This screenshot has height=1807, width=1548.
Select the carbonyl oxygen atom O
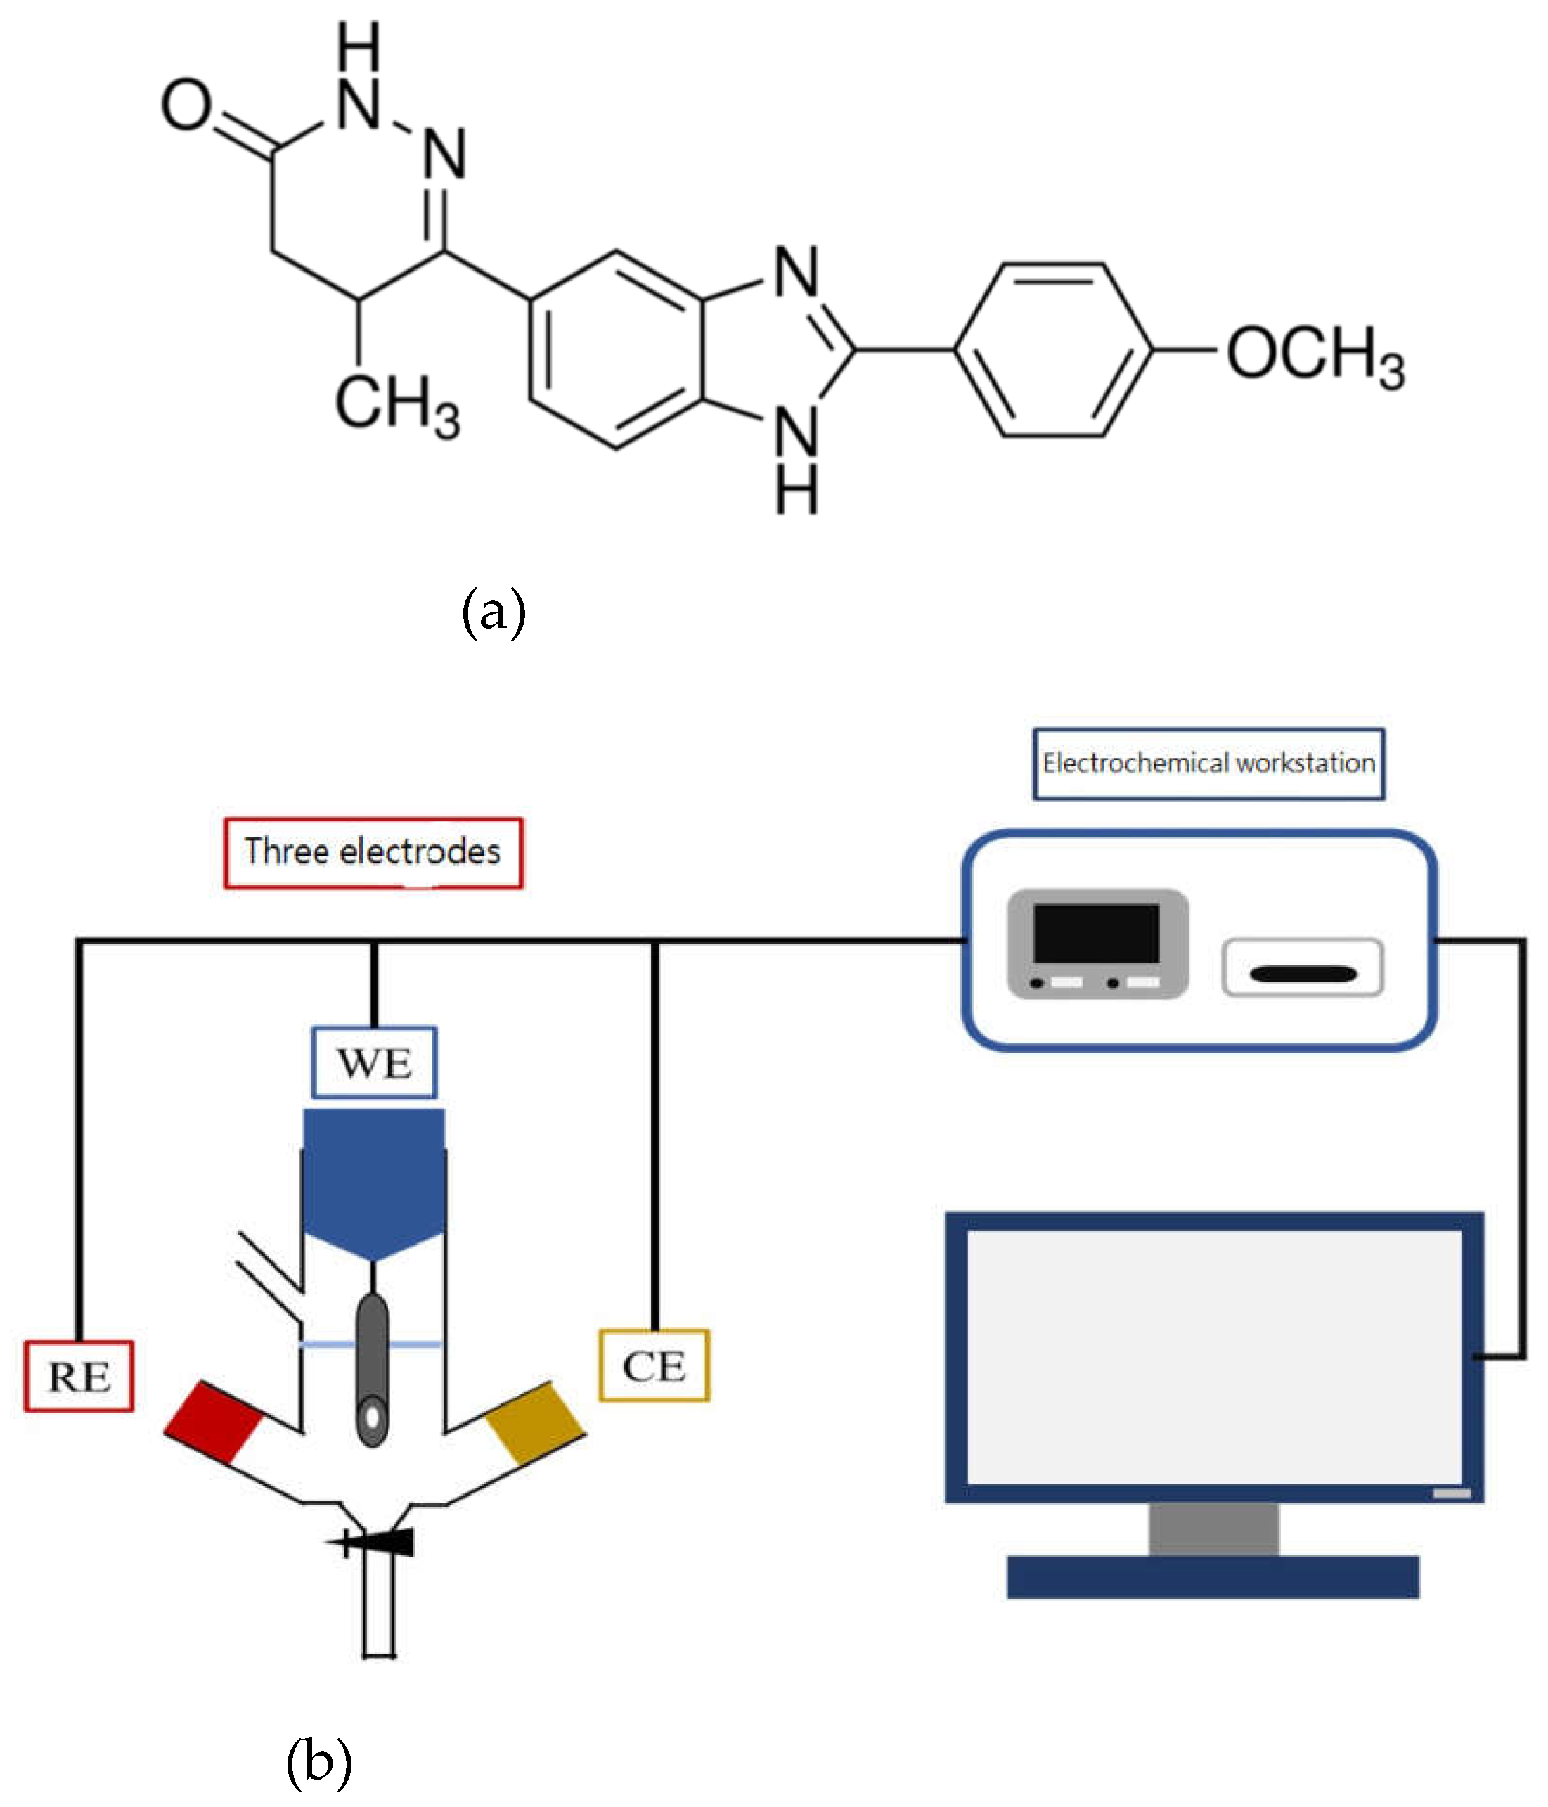[x=186, y=105]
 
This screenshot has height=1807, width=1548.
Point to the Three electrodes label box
[x=373, y=852]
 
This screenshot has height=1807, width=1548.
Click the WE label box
[x=374, y=1062]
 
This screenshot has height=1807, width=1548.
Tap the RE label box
[x=79, y=1376]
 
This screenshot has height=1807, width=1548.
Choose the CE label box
[x=653, y=1365]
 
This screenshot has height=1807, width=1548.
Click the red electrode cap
[x=214, y=1421]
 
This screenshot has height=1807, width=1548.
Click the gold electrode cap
[x=534, y=1422]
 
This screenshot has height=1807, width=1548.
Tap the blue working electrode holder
[x=373, y=1182]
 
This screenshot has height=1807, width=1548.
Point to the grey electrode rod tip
[x=373, y=1413]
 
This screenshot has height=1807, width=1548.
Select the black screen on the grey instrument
[x=1095, y=932]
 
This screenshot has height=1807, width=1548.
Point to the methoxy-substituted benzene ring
[x=1054, y=351]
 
